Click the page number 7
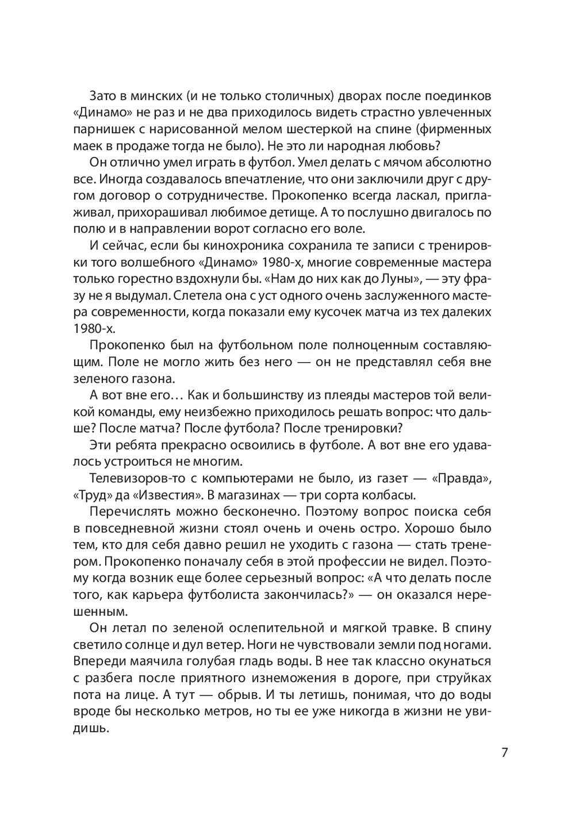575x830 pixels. coord(504,753)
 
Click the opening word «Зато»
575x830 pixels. coord(102,94)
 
